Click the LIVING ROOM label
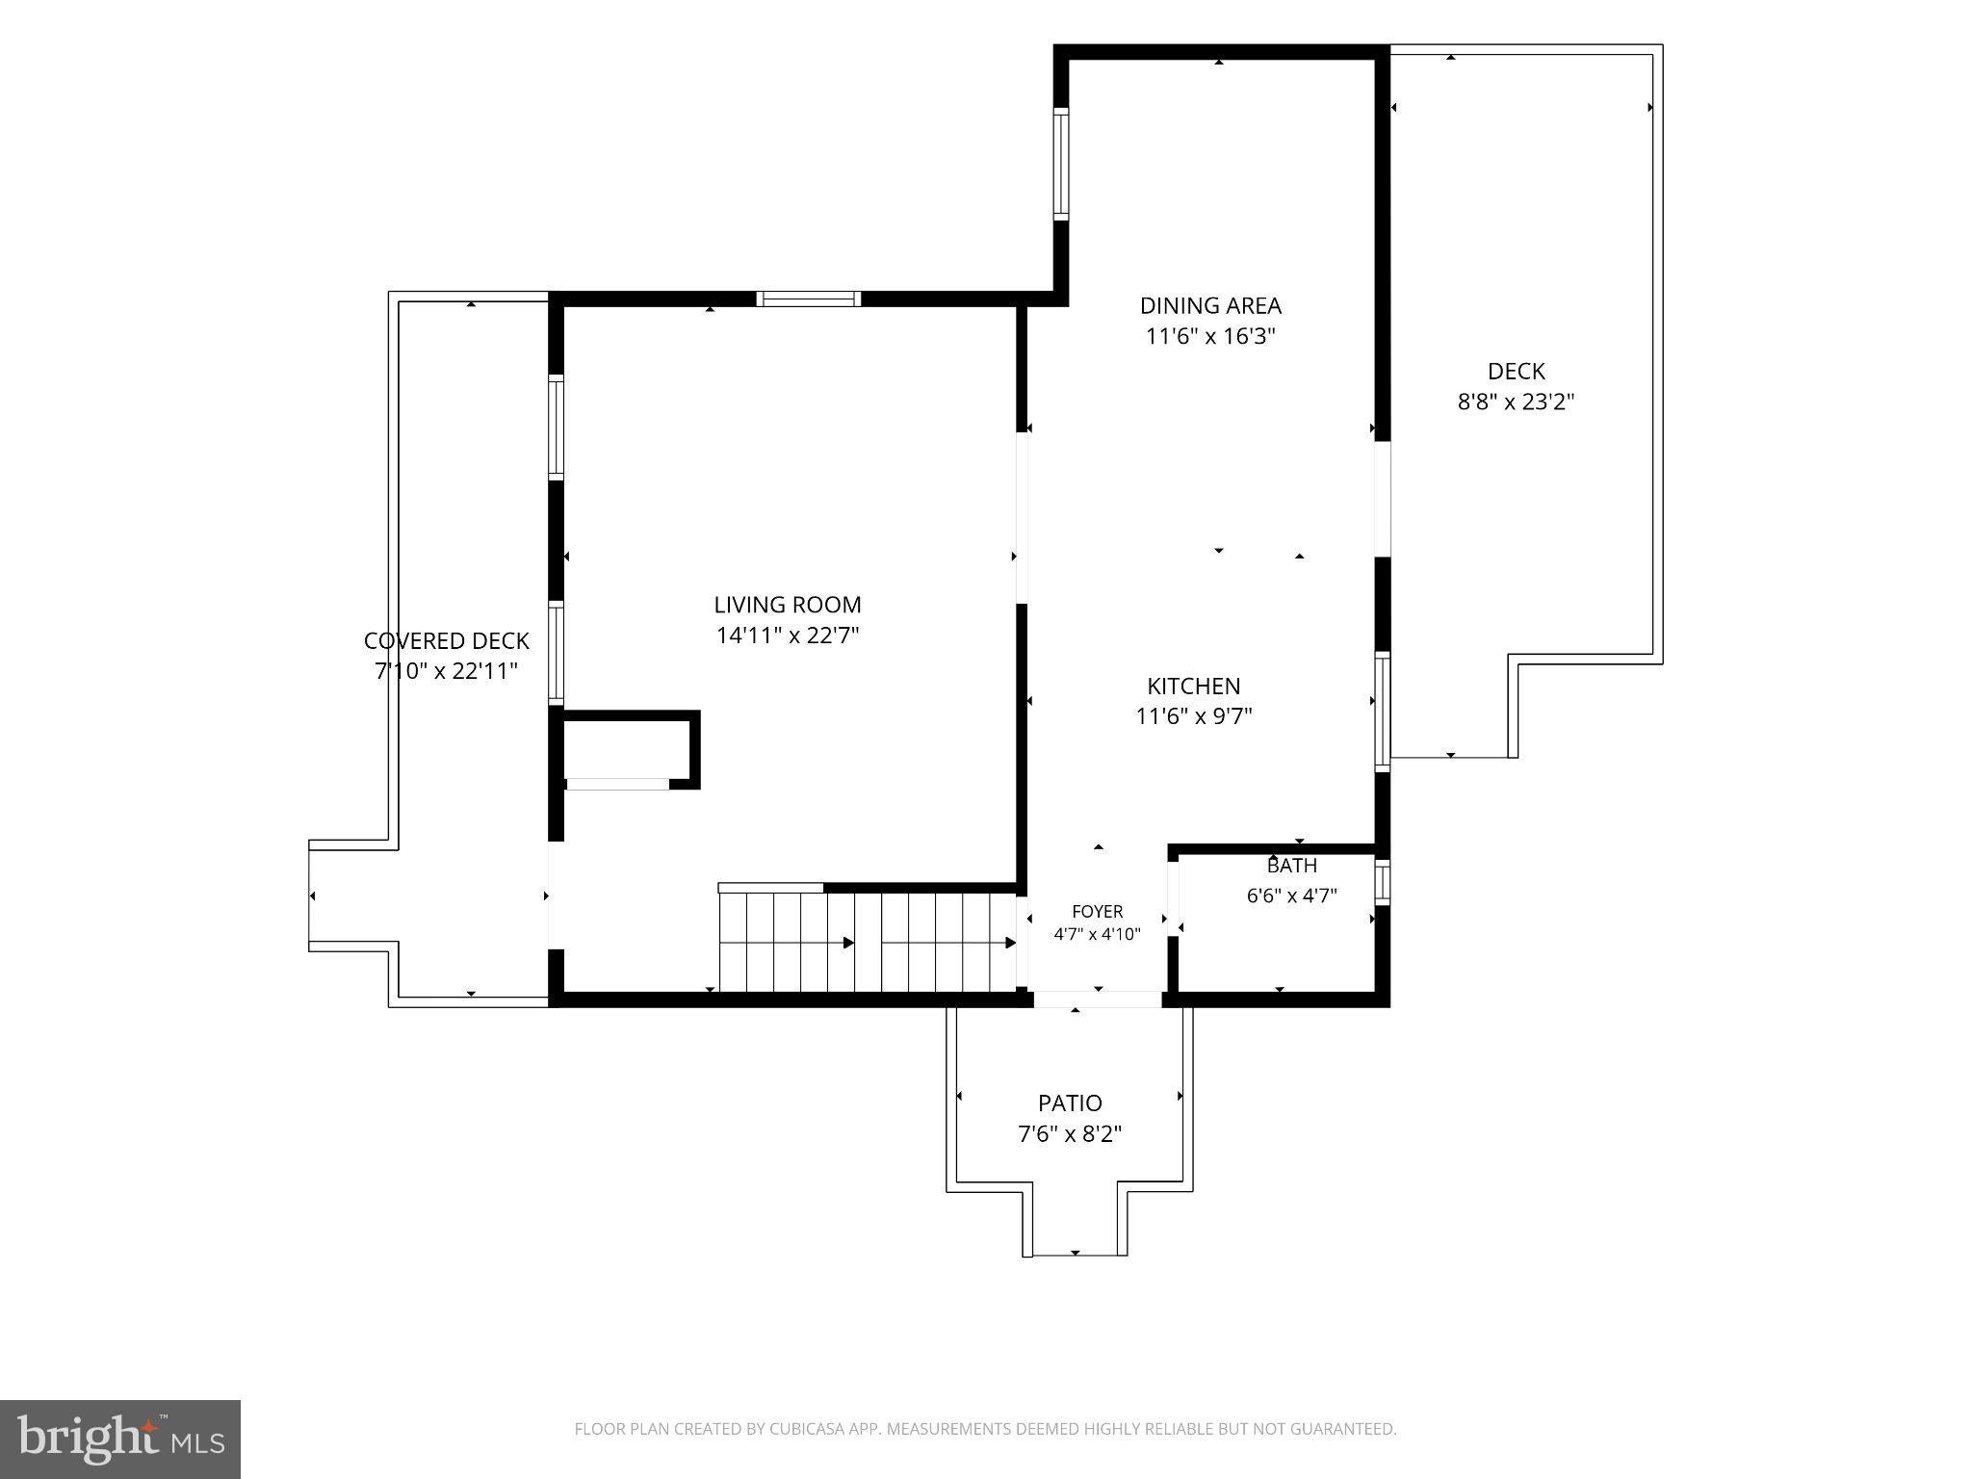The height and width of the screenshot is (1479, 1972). point(788,605)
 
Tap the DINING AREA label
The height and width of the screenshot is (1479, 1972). point(1210,305)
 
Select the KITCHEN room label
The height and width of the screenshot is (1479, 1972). point(1194,686)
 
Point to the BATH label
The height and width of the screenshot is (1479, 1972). point(1292,866)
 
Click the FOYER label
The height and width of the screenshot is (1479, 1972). point(1098,911)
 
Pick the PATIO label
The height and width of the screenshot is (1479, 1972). point(1070,1103)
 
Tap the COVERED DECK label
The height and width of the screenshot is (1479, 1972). point(447,640)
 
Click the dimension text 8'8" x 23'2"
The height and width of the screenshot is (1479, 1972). point(1516,402)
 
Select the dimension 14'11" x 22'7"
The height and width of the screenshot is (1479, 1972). point(788,636)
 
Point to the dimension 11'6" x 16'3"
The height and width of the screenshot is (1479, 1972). point(1210,336)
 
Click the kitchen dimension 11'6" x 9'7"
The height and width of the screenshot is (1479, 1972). point(1194,716)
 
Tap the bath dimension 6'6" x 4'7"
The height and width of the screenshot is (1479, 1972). point(1292,895)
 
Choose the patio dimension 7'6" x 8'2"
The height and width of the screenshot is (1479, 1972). point(1070,1133)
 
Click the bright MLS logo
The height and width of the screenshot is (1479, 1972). point(120,1439)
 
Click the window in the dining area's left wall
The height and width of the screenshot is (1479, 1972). point(1061,164)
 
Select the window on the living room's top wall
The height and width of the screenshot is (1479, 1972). point(809,298)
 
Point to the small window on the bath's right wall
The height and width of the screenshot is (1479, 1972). point(1382,881)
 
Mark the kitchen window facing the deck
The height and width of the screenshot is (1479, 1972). point(1382,712)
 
